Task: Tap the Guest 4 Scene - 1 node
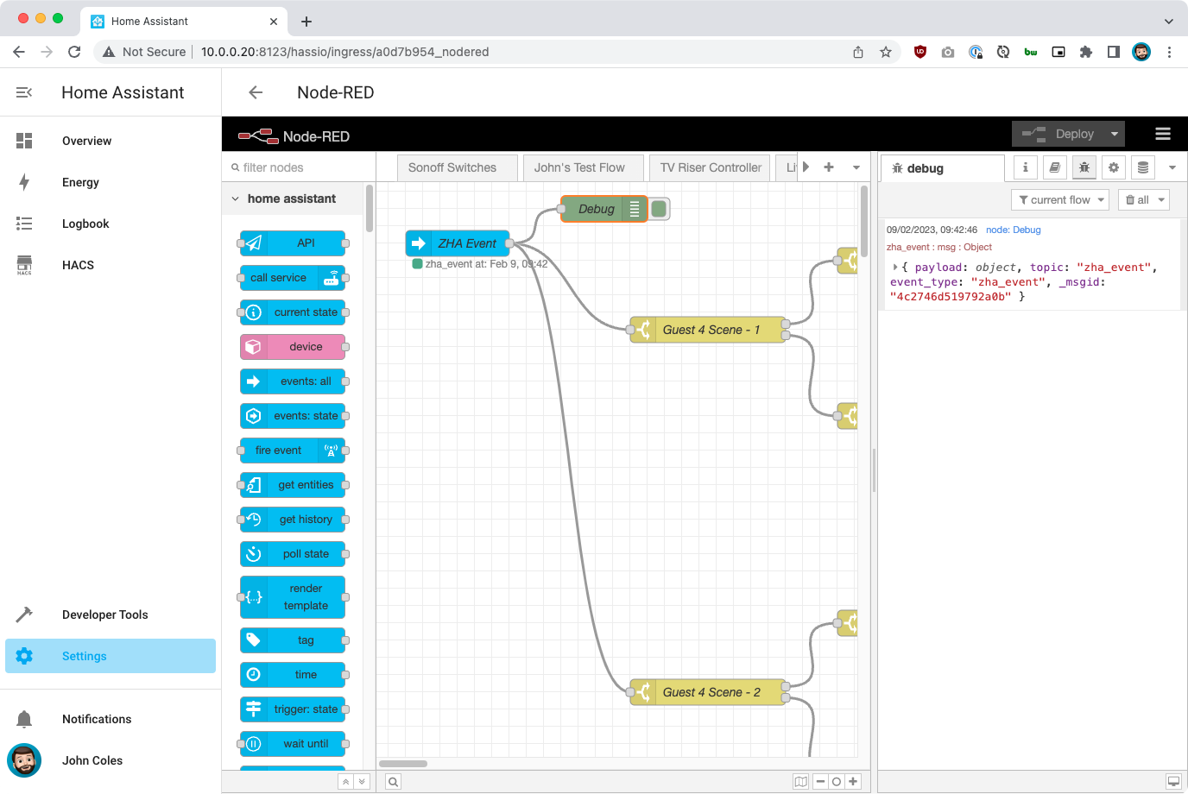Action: click(710, 330)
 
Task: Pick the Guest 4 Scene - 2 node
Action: click(710, 692)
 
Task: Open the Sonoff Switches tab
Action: click(452, 167)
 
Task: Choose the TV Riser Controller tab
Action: click(711, 167)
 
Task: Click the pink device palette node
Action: click(293, 347)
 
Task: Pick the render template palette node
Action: click(293, 597)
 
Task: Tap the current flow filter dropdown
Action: click(1061, 199)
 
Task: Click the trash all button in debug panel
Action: click(1143, 199)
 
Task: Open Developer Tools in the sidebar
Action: click(104, 614)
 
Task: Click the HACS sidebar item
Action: click(78, 265)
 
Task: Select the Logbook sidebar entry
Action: click(85, 224)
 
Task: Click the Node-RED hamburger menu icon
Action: click(1163, 134)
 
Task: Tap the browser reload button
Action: click(74, 52)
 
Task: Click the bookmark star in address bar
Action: click(886, 52)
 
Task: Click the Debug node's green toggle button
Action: click(659, 209)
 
